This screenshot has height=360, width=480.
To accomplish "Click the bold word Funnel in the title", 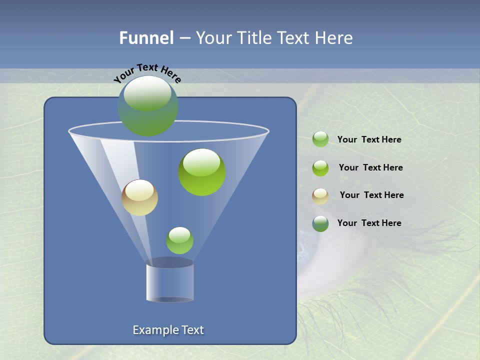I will (x=146, y=38).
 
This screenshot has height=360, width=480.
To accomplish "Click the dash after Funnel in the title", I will (x=184, y=38).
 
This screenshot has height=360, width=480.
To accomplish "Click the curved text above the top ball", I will (x=147, y=72).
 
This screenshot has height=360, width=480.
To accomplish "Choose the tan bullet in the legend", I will (x=320, y=196).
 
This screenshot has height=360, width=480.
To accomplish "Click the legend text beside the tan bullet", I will (x=371, y=195).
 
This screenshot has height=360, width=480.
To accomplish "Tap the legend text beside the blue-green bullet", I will (x=369, y=223).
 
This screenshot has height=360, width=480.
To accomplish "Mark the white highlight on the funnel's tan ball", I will (x=139, y=190).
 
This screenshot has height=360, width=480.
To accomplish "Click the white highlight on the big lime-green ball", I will (x=201, y=161).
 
